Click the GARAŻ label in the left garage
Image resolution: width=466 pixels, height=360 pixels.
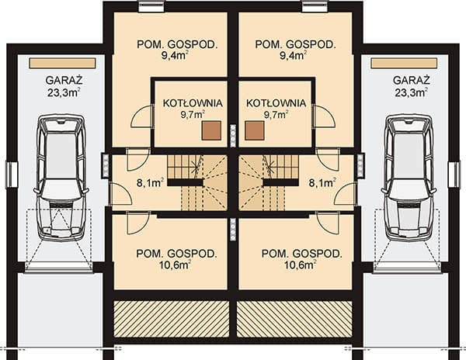pyautogui.click(x=64, y=81)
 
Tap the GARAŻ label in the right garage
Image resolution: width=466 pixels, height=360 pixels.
pyautogui.click(x=412, y=81)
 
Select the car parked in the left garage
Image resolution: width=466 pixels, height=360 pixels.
pyautogui.click(x=62, y=178)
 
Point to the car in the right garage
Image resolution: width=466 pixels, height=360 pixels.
pyautogui.click(x=410, y=178)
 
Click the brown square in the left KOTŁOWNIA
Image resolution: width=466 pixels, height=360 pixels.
pyautogui.click(x=211, y=130)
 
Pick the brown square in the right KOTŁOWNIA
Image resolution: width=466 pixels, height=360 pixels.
pyautogui.click(x=255, y=130)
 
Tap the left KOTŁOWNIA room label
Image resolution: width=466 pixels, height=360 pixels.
pyautogui.click(x=193, y=103)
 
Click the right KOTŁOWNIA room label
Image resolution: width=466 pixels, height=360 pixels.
pyautogui.click(x=276, y=103)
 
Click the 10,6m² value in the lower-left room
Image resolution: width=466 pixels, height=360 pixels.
pyautogui.click(x=176, y=265)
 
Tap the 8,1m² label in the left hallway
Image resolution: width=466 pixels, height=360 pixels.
pyautogui.click(x=150, y=183)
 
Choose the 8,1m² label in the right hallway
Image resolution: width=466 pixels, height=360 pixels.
pyautogui.click(x=322, y=183)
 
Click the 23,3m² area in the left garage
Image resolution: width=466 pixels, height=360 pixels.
pyautogui.click(x=64, y=92)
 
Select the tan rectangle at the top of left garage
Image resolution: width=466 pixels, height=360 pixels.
pyautogui.click(x=62, y=63)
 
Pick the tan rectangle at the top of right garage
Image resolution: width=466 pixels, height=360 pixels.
pyautogui.click(x=404, y=63)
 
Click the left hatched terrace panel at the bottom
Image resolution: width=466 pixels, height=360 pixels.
pyautogui.click(x=172, y=319)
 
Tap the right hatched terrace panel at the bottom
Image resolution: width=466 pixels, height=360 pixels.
pyautogui.click(x=294, y=319)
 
